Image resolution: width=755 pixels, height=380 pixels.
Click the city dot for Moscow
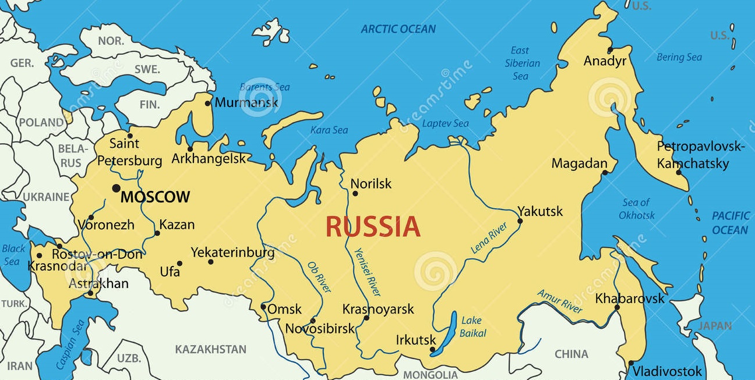[117, 188]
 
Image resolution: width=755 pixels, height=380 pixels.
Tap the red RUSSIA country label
[373, 227]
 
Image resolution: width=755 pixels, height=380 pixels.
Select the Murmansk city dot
[208, 104]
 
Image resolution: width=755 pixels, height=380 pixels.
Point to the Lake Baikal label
[472, 326]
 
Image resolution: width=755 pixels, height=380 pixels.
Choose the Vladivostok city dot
[631, 363]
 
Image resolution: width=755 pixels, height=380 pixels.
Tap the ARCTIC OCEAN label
[398, 29]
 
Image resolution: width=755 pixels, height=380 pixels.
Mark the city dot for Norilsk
[355, 193]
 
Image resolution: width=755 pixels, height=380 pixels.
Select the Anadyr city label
[605, 61]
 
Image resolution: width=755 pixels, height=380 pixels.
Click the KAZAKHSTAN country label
[211, 349]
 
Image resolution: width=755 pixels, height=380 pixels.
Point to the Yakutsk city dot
[520, 221]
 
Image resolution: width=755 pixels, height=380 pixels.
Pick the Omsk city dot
[263, 307]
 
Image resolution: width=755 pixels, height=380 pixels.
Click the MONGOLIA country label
[431, 374]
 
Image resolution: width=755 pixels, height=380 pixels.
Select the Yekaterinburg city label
[232, 253]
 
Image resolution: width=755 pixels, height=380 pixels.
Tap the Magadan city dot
[605, 172]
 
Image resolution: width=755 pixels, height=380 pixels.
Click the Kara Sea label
[329, 130]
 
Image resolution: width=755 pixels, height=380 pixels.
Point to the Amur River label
[560, 301]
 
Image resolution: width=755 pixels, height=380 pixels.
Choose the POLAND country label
[41, 122]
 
